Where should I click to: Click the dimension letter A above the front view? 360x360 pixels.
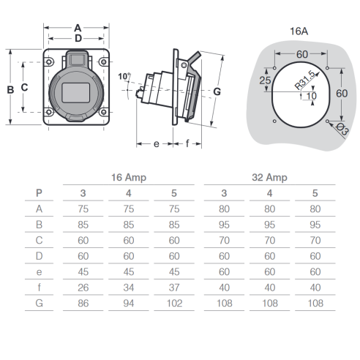pyautogui.click(x=78, y=28)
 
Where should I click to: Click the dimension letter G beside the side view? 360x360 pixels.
pyautogui.click(x=217, y=91)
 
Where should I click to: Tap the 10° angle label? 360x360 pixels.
pyautogui.click(x=124, y=76)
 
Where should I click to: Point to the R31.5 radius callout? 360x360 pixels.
pyautogui.click(x=304, y=80)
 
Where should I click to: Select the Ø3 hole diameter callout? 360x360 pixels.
pyautogui.click(x=342, y=129)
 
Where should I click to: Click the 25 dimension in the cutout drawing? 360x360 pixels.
pyautogui.click(x=265, y=80)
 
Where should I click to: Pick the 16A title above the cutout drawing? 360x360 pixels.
pyautogui.click(x=299, y=31)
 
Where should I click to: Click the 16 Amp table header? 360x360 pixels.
pyautogui.click(x=129, y=177)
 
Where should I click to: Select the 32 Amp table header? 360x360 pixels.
pyautogui.click(x=269, y=177)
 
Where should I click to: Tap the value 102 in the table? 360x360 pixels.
pyautogui.click(x=174, y=303)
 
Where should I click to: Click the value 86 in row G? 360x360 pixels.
pyautogui.click(x=83, y=303)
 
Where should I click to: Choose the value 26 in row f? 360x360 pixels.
pyautogui.click(x=83, y=288)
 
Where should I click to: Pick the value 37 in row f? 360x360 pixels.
pyautogui.click(x=174, y=288)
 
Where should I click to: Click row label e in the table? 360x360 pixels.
pyautogui.click(x=39, y=272)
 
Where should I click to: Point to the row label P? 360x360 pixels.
pyautogui.click(x=39, y=193)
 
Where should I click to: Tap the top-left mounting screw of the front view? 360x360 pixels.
pyautogui.click(x=49, y=61)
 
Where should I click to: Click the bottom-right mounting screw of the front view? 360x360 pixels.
pyautogui.click(x=103, y=112)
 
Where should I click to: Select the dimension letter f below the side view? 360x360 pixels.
pyautogui.click(x=187, y=143)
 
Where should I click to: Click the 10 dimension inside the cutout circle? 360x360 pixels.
pyautogui.click(x=312, y=96)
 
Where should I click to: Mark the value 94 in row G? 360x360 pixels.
pyautogui.click(x=129, y=303)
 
